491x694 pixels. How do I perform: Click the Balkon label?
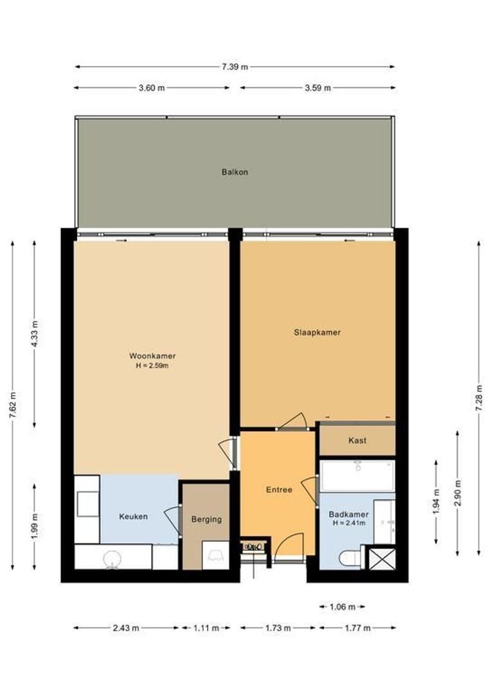tap(235, 172)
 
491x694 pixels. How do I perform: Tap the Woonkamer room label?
tap(152, 356)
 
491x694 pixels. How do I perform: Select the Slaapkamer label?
tap(317, 332)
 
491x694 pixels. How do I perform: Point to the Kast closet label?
tap(357, 440)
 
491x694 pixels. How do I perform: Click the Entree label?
tap(279, 490)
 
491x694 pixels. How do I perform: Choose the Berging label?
tap(206, 519)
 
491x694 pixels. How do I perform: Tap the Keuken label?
tap(134, 516)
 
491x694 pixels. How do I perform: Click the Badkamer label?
tap(348, 514)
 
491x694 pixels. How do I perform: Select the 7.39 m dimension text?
tap(235, 67)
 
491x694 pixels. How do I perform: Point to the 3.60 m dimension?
tap(151, 88)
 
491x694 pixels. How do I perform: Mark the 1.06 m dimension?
tap(341, 607)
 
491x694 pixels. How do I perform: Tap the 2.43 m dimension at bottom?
tap(126, 628)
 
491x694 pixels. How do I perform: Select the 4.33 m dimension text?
tap(35, 334)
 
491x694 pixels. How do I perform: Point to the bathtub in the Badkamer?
tap(357, 476)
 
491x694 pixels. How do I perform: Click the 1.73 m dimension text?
tap(278, 628)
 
